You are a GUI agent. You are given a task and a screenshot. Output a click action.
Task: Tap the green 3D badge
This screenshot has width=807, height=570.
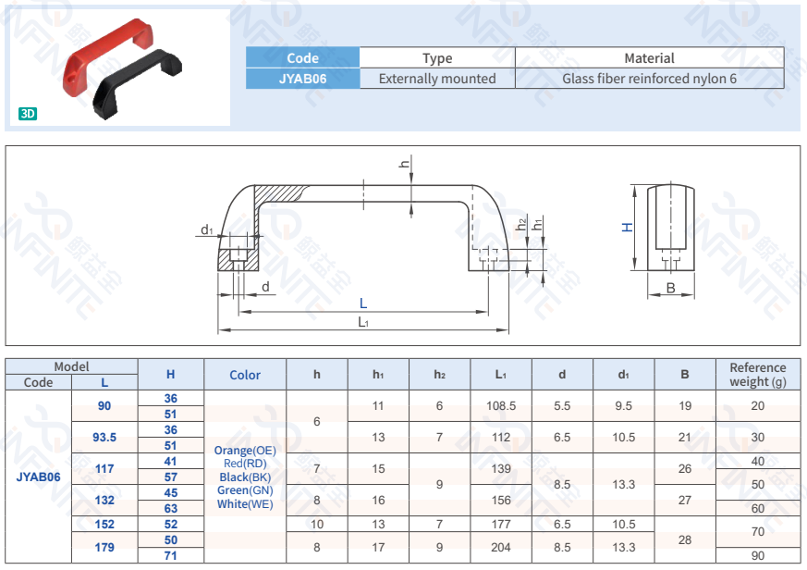click(x=28, y=114)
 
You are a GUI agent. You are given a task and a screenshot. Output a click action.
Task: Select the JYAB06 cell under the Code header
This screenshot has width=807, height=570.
click(x=302, y=79)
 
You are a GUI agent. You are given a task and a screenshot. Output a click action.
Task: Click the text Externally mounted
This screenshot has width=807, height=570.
click(x=437, y=79)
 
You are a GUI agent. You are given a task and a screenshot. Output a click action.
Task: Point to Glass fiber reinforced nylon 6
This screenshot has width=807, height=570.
click(x=649, y=79)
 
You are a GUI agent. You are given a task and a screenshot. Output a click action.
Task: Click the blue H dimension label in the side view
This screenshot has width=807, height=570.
click(x=628, y=228)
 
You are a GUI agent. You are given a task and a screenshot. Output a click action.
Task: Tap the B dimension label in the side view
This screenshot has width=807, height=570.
click(x=670, y=288)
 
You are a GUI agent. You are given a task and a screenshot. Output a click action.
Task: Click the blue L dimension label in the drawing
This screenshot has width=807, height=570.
click(x=363, y=303)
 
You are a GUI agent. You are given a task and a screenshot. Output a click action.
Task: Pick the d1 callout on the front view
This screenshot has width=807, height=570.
click(x=207, y=229)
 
